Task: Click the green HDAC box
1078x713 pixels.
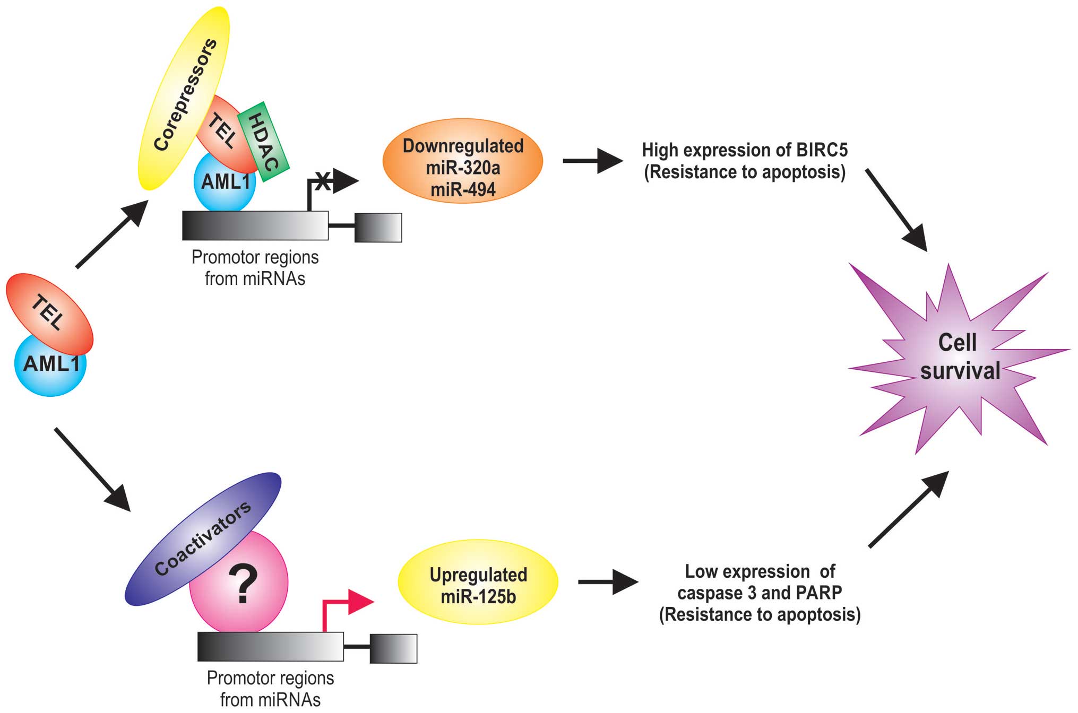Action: click(x=264, y=142)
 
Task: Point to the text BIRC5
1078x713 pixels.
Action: click(x=822, y=150)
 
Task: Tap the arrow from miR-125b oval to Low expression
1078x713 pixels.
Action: click(x=607, y=582)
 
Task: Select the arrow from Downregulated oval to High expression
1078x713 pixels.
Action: click(x=592, y=160)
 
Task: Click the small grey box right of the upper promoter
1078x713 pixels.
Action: click(x=378, y=228)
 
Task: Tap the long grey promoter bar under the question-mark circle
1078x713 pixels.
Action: click(x=270, y=646)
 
